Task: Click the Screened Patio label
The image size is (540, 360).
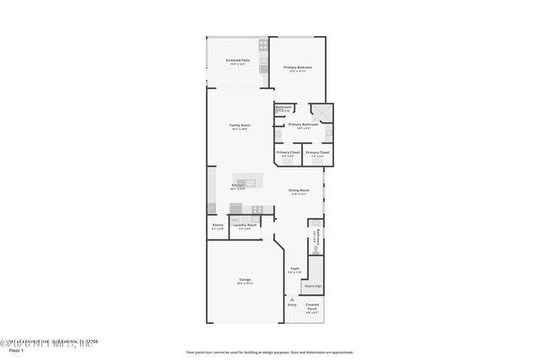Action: click(x=238, y=61)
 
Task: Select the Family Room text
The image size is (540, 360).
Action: click(x=239, y=126)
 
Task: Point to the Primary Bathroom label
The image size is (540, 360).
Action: click(x=303, y=125)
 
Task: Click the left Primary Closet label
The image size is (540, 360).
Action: click(x=288, y=153)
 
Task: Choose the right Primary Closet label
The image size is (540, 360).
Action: click(x=318, y=153)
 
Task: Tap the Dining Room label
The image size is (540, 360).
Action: click(x=300, y=191)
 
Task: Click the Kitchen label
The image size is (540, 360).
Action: click(x=238, y=185)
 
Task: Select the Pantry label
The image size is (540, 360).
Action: click(x=218, y=225)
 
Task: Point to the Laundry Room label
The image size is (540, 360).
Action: click(x=244, y=225)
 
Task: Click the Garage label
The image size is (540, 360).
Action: click(x=244, y=279)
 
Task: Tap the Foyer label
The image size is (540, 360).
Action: click(x=295, y=269)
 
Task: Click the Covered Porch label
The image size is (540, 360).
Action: click(x=312, y=308)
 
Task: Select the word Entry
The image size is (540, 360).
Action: click(x=291, y=304)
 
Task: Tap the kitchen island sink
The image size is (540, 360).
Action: click(x=250, y=181)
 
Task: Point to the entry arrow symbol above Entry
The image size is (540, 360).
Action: click(x=291, y=297)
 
